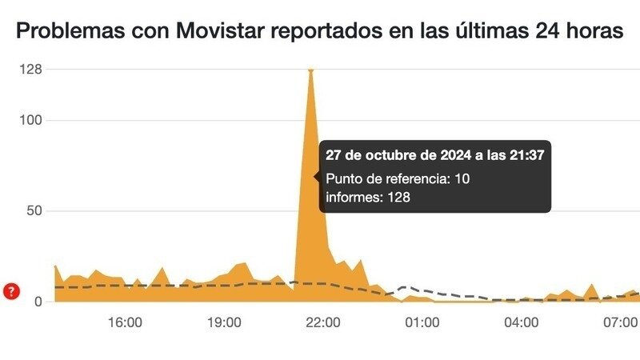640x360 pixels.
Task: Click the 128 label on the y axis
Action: point(31,70)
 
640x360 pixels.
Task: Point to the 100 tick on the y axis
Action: point(31,121)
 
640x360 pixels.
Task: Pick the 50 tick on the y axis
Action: point(34,211)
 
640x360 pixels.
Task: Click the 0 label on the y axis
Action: point(38,302)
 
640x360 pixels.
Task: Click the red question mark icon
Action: point(11,291)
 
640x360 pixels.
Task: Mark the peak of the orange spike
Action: point(310,71)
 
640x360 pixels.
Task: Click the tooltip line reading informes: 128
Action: point(368,197)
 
